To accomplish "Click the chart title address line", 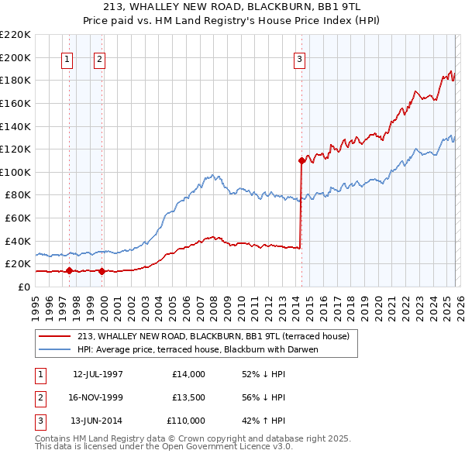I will [232, 7].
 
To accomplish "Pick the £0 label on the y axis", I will [24, 287].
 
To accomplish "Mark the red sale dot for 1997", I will [70, 270].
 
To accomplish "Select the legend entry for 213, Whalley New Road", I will [213, 336].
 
